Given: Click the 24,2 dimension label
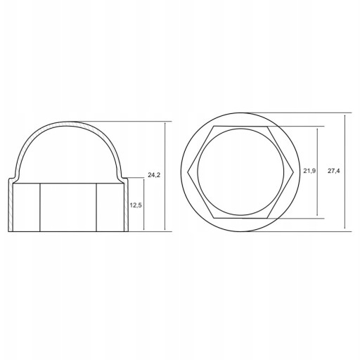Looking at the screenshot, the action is (x=154, y=175).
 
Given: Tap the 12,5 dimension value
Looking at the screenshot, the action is (x=136, y=205).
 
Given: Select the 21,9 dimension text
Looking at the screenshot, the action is (x=309, y=171).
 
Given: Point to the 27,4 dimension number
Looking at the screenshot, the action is (x=333, y=171).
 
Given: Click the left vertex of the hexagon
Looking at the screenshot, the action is (x=188, y=172).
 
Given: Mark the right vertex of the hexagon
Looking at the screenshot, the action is (x=293, y=172).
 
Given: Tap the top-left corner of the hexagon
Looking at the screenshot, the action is (x=214, y=127).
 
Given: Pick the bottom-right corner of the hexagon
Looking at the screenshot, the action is (x=267, y=218).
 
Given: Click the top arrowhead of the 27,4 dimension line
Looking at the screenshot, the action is (x=345, y=116).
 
